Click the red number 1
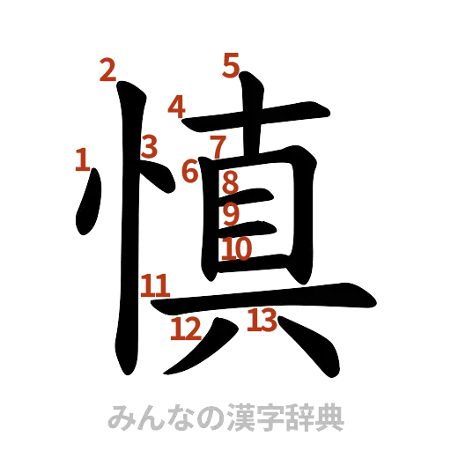click(x=82, y=159)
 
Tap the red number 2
click(x=107, y=70)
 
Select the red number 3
click(x=150, y=146)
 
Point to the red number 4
click(x=178, y=106)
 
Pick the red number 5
click(x=231, y=65)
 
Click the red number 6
click(x=189, y=170)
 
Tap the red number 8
click(x=229, y=183)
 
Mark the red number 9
click(x=230, y=213)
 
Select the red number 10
click(x=236, y=249)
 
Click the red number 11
click(x=155, y=285)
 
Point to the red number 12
click(x=186, y=329)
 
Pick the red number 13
click(x=262, y=319)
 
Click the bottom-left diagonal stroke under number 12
click(x=198, y=348)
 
